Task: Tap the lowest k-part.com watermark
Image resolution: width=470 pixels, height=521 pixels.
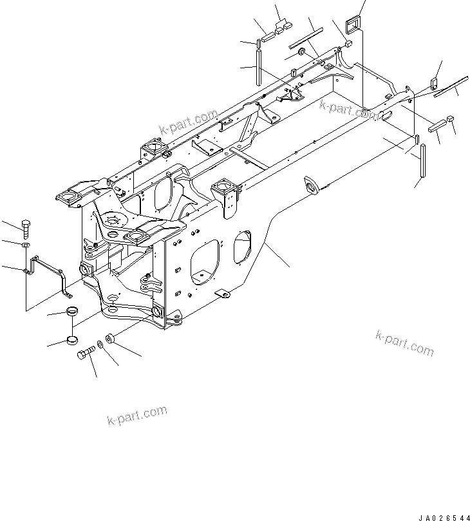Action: (136, 415)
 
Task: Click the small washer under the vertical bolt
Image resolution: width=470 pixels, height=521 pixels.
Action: (25, 246)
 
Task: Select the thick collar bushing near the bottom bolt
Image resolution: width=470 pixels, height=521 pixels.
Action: (111, 337)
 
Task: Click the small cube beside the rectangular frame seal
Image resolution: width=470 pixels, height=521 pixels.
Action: (346, 45)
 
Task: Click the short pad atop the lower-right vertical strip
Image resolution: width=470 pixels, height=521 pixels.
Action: (417, 140)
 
